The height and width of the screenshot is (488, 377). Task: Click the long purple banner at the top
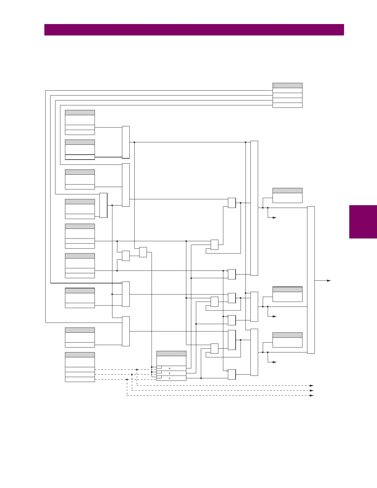click(194, 30)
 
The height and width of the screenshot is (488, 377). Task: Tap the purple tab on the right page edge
click(363, 222)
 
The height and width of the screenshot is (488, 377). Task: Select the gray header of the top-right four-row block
click(287, 85)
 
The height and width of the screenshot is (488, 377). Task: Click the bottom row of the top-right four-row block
click(287, 105)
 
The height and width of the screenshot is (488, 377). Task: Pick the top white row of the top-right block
click(287, 91)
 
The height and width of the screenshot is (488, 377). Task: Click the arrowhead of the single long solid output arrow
click(329, 281)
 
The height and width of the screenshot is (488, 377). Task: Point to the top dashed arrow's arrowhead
click(312, 385)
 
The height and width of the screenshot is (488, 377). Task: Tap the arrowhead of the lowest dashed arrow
click(312, 395)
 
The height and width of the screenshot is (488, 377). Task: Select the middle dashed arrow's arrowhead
click(312, 390)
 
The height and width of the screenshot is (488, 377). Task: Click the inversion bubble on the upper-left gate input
click(121, 157)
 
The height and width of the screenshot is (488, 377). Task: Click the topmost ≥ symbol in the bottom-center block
click(169, 368)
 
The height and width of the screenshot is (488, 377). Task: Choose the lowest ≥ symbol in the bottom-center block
click(169, 378)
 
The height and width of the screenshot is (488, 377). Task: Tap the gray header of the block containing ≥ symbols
click(171, 353)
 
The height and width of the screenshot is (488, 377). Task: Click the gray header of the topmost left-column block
click(80, 112)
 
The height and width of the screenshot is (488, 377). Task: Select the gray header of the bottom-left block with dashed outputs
click(80, 355)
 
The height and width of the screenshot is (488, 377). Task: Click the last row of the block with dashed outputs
click(80, 380)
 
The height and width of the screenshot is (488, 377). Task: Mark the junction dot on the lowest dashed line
click(127, 380)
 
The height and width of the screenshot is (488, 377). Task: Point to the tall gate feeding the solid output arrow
click(311, 280)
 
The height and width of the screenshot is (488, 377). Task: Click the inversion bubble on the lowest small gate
click(227, 371)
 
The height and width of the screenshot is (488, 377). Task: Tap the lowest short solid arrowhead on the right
click(275, 362)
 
